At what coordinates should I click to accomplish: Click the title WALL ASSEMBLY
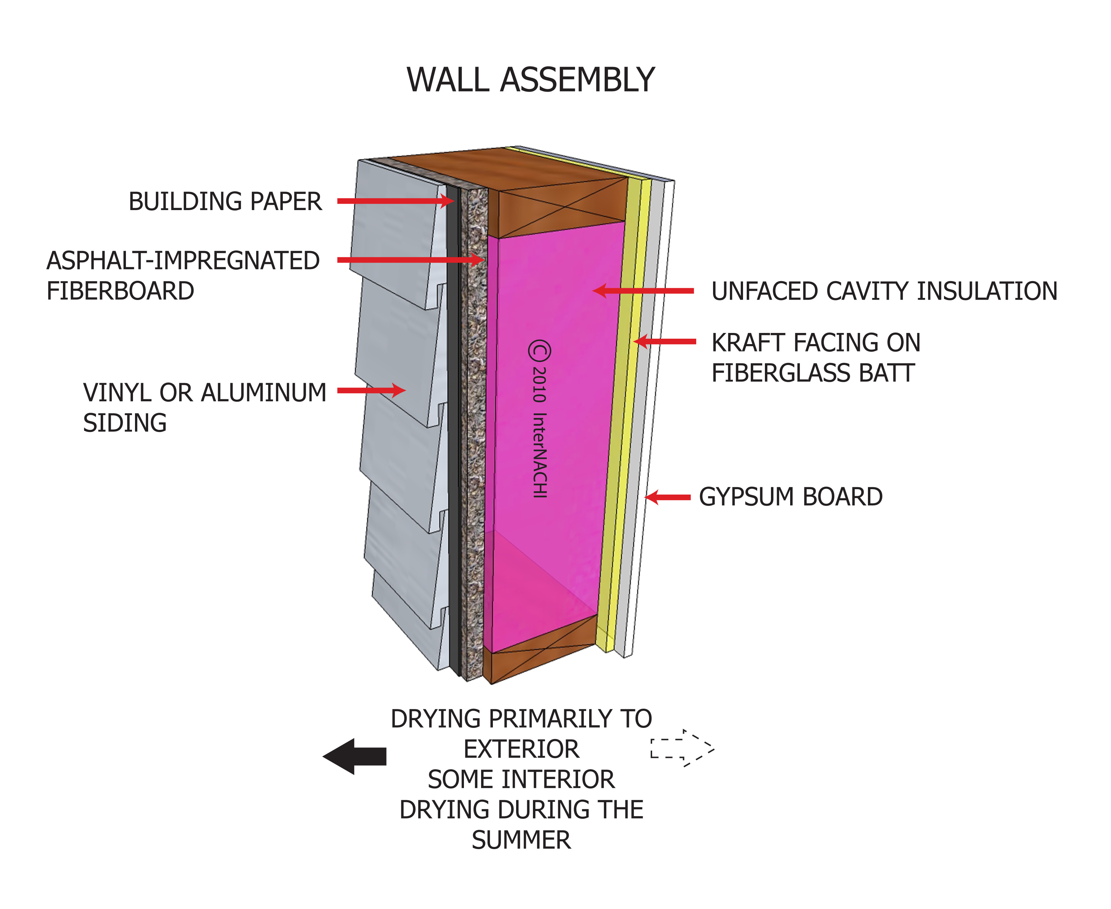tap(530, 80)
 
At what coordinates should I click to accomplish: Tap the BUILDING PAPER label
tap(225, 202)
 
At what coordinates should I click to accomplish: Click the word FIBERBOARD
tap(121, 291)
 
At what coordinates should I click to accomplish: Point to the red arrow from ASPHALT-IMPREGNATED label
tap(408, 260)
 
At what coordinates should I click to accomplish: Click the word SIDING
tap(125, 423)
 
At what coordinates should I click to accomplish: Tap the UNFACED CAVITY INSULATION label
tap(884, 291)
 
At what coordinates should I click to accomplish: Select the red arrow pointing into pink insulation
tap(644, 291)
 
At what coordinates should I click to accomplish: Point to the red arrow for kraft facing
tap(665, 341)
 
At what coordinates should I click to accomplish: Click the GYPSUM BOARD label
tap(790, 497)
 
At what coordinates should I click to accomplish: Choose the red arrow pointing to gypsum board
tap(668, 498)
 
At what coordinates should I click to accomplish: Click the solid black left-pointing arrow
tap(355, 756)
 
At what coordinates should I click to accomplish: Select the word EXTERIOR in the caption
tap(521, 749)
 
